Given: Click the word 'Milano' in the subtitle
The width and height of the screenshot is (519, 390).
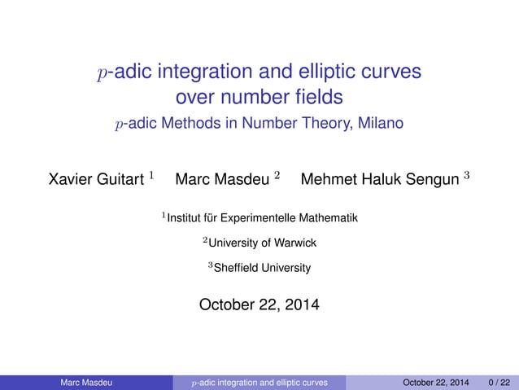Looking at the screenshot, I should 380,124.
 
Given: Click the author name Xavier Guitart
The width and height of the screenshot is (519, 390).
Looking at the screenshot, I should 97,178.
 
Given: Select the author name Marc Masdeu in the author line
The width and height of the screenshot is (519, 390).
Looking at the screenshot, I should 222,178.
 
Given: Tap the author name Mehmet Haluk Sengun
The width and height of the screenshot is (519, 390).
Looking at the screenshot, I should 376,178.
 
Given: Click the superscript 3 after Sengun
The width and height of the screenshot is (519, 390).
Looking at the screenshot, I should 466,174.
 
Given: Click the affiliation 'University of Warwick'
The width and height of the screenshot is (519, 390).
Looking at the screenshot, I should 263,243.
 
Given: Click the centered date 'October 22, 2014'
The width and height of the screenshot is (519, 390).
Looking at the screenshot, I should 259,305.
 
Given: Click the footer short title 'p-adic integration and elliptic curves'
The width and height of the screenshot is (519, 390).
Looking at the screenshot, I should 259,382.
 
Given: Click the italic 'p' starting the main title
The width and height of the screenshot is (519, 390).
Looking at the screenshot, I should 102,74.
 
